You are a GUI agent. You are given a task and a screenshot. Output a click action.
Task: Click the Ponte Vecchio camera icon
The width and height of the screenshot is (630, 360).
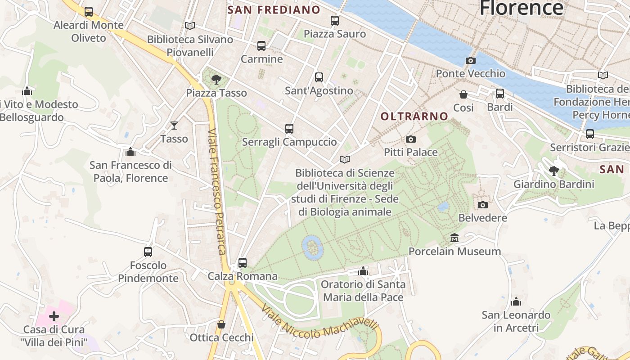click(470, 61)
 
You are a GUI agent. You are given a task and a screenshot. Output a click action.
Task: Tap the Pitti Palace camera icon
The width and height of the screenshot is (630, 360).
click(410, 139)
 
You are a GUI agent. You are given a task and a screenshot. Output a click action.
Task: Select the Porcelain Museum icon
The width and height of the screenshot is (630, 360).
click(454, 238)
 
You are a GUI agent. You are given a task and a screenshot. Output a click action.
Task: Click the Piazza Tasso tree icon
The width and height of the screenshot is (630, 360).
click(216, 80)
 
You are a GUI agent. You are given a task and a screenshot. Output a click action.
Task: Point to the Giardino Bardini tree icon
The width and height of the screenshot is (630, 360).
click(554, 171)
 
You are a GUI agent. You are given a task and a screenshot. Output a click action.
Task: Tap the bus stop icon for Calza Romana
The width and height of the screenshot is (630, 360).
click(243, 262)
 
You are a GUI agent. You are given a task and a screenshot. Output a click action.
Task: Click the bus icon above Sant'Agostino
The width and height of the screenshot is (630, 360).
click(319, 77)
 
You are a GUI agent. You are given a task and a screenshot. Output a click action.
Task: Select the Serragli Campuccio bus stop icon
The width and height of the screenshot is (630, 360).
click(289, 129)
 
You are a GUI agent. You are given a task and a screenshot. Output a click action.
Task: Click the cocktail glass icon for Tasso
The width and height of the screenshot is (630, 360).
click(174, 126)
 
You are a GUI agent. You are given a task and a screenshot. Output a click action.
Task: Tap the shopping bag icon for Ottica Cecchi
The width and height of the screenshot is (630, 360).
click(221, 324)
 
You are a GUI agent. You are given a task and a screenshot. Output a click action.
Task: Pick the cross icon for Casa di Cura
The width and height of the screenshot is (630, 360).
click(54, 316)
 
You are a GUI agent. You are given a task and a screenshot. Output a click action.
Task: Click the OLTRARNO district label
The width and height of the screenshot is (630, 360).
click(414, 117)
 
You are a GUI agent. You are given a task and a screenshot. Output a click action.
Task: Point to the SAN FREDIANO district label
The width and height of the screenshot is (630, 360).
click(274, 10)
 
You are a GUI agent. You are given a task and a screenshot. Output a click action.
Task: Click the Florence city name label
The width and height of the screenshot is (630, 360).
click(521, 8)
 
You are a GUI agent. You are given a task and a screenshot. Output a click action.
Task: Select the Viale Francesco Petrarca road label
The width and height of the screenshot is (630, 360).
click(217, 191)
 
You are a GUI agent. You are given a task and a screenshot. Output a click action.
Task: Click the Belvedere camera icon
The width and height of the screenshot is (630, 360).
click(482, 205)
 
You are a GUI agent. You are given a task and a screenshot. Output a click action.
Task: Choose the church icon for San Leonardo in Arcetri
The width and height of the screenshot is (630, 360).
click(516, 301)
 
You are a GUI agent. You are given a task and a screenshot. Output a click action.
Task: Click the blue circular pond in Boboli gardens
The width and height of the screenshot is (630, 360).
click(312, 247)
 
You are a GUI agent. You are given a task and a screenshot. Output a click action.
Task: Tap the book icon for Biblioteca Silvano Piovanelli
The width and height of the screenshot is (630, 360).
click(190, 26)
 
